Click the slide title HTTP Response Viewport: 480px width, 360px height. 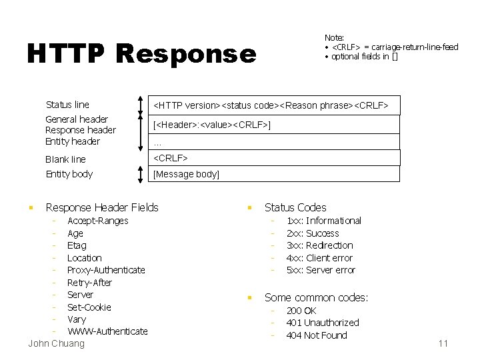141,54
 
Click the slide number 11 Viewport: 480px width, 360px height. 443,343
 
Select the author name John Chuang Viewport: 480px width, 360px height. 57,343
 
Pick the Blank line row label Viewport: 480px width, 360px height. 65,159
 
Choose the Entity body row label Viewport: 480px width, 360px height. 69,174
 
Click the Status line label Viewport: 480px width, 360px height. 67,105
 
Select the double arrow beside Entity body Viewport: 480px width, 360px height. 140,174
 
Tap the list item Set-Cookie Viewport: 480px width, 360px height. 89,307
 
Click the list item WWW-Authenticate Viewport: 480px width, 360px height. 107,331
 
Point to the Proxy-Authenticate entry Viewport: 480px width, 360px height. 106,270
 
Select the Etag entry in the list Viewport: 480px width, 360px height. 77,245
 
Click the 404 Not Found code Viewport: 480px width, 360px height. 317,335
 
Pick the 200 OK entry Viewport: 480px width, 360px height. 301,311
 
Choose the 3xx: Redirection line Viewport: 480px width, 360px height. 319,245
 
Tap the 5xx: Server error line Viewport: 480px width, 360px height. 321,270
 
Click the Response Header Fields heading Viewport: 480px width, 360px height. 102,207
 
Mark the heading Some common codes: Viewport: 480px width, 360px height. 316,297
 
